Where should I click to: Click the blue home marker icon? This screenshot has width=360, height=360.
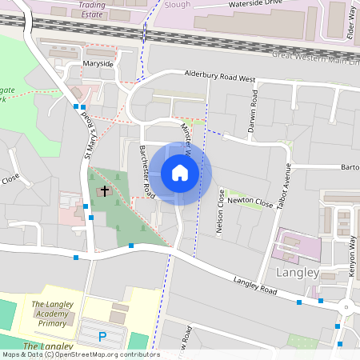click(x=180, y=173)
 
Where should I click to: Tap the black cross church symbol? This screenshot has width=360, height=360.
click(x=104, y=191)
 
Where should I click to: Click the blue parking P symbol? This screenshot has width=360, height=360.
click(x=102, y=337)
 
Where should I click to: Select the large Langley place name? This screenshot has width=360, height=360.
click(x=297, y=273)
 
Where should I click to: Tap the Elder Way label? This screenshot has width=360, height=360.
click(x=350, y=23)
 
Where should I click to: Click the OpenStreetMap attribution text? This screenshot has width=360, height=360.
click(x=80, y=354)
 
